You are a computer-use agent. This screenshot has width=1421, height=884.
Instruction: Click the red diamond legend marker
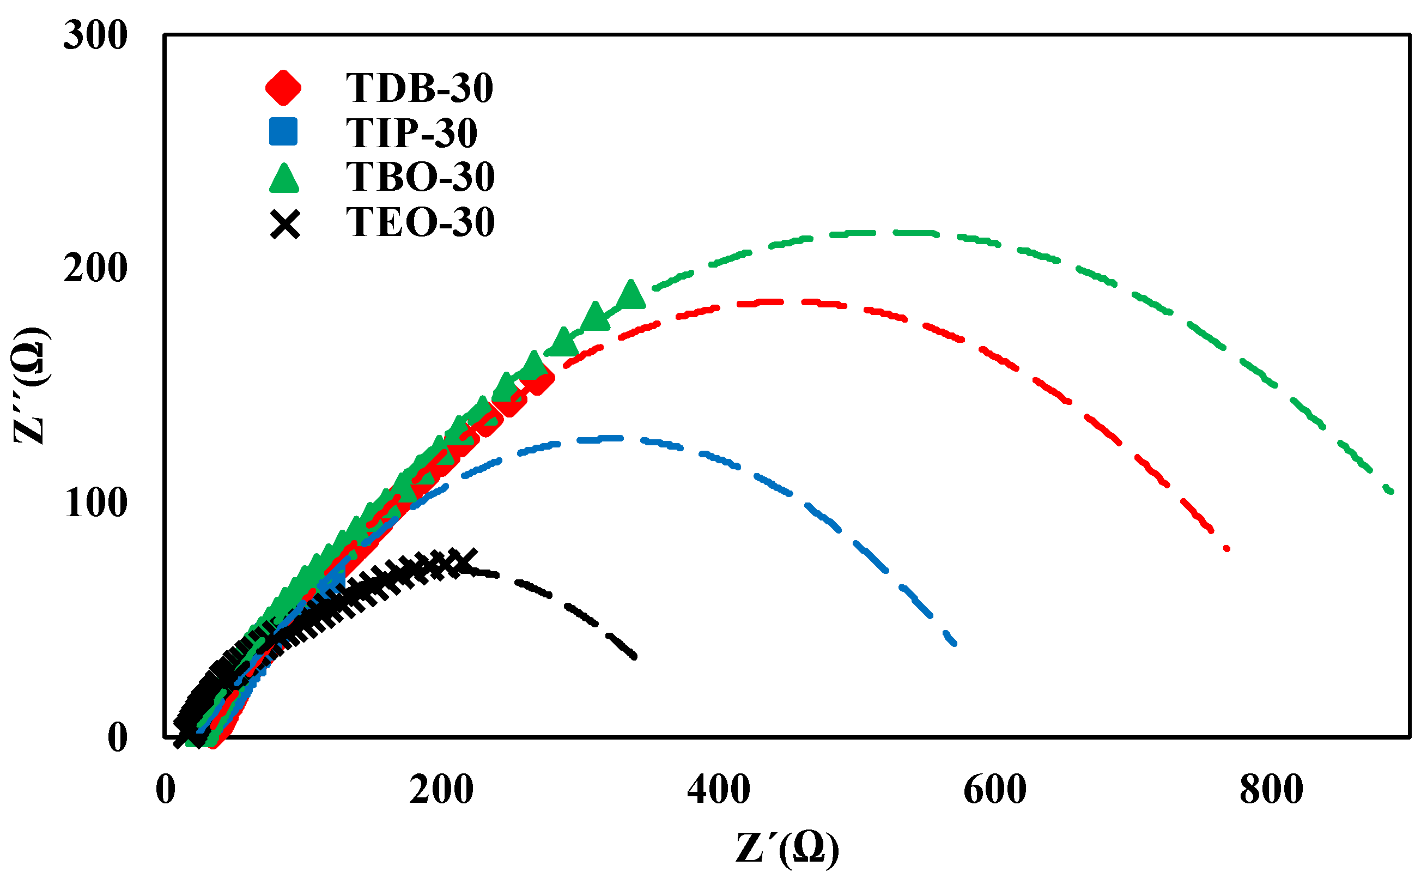coord(283,88)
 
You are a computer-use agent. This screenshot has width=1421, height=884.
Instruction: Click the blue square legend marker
coord(283,131)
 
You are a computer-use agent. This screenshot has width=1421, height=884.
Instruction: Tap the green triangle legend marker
coord(284,178)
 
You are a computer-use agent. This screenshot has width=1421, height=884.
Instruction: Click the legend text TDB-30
coord(419,88)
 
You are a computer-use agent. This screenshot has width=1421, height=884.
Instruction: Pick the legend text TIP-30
coord(411,133)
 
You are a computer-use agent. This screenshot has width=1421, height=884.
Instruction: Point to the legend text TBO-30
coord(420,177)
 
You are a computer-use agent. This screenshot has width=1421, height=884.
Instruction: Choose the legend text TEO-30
coord(420,222)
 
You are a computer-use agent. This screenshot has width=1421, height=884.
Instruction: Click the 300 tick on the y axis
coord(95,35)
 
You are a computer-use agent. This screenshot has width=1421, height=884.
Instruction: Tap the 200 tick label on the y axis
coord(95,269)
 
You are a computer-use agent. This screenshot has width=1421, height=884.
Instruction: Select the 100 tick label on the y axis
coord(95,503)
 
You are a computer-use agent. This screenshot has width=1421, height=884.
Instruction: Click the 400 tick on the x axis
coord(718,790)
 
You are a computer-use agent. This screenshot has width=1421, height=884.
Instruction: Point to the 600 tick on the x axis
coord(995,790)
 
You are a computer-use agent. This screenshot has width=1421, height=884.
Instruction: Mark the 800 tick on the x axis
coord(1271,790)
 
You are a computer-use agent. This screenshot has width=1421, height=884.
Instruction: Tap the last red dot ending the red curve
coord(1227,548)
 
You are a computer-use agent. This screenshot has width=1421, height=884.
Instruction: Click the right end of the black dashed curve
coord(634,657)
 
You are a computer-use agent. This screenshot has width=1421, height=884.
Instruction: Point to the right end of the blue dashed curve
coord(954,643)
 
